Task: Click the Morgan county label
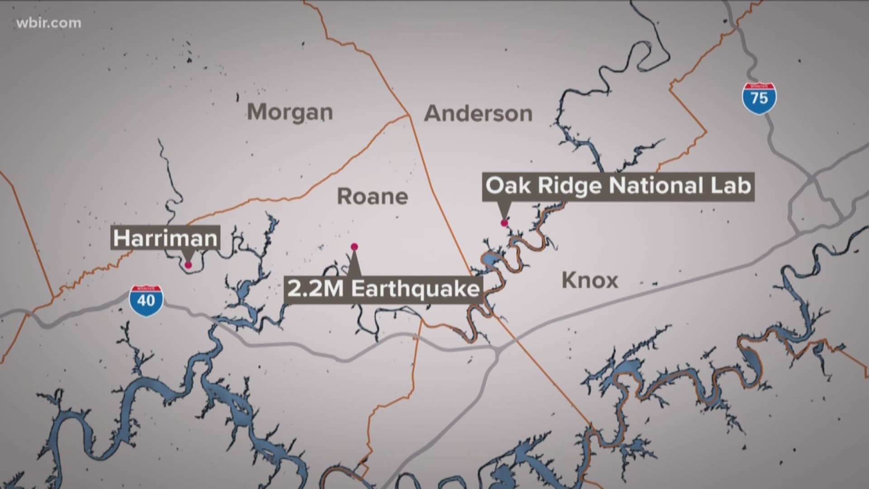(x=290, y=112)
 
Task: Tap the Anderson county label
(x=478, y=114)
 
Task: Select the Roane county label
(x=372, y=197)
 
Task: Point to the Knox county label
(x=590, y=281)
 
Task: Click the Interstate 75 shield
(x=759, y=98)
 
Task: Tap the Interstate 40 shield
(x=146, y=300)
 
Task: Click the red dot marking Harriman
(x=188, y=265)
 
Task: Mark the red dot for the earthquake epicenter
(x=354, y=247)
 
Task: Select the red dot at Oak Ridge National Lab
(x=504, y=223)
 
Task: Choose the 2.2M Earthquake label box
(x=383, y=289)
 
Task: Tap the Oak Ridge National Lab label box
(x=618, y=186)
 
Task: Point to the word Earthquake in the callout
(x=415, y=289)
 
